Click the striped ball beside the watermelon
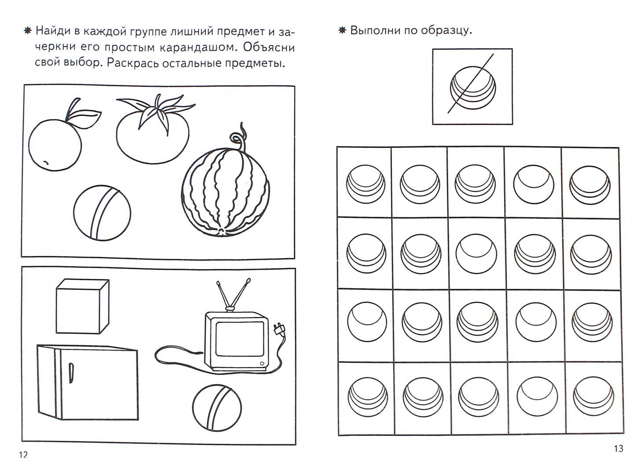pos(102,213)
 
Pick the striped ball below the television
pos(217,407)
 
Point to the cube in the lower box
pos(83,306)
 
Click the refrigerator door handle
pos(71,373)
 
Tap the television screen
pos(240,339)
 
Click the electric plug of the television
pos(279,329)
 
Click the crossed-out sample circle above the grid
pos(473,88)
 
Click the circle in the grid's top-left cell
pos(366,184)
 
